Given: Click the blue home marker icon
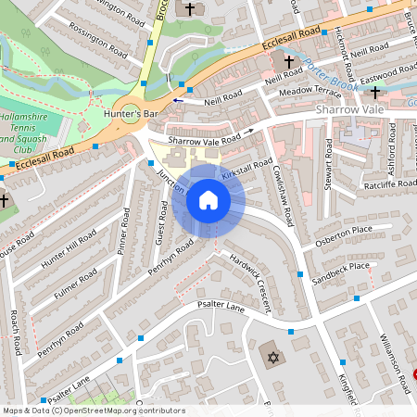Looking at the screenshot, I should [208, 200].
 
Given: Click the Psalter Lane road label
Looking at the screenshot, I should [213, 308].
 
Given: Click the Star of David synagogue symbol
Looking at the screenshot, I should [272, 357].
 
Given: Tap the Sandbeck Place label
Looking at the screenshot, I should [340, 272].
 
